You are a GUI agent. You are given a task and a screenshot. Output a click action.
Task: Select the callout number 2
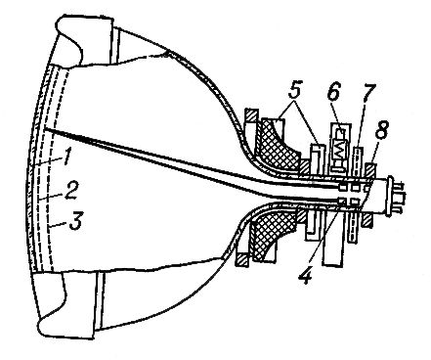coord(71,191)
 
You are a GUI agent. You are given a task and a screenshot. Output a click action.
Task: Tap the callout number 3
coord(76,221)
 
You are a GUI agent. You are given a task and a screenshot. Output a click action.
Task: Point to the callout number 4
coord(306,275)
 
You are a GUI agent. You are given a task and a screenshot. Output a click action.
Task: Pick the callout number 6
coord(333,92)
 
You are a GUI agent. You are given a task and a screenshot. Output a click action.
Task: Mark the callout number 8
coord(382,131)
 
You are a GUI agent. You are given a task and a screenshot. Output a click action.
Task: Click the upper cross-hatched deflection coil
coord(277,144)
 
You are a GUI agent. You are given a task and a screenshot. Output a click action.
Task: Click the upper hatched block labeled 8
coord(370,170)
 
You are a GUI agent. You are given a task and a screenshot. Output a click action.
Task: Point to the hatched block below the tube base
coord(367,221)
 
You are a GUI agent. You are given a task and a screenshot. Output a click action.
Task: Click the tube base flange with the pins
coord(389,196)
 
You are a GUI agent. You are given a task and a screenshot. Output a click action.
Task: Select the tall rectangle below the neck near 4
coord(332,240)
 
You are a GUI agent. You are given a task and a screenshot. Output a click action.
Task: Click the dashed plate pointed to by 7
coord(358,163)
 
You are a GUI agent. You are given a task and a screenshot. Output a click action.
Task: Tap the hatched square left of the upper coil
coord(251,115)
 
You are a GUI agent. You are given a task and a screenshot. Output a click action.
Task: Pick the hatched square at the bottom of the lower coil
coord(243,258)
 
